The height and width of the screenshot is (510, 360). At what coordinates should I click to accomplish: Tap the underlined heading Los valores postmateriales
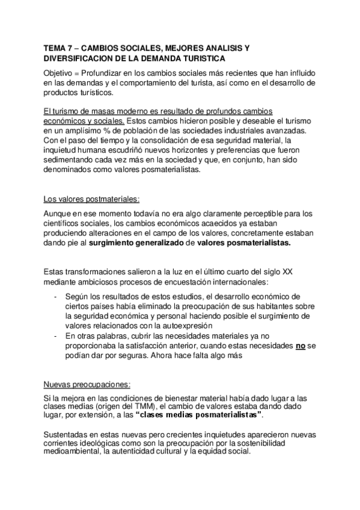[91, 199]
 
